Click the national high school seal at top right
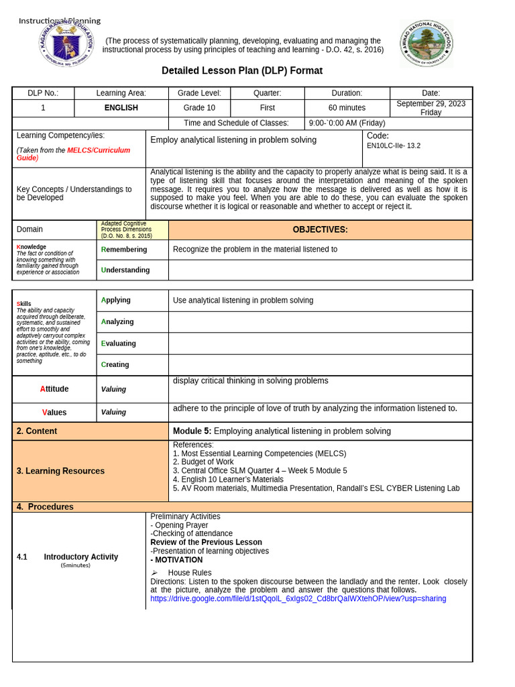pyautogui.click(x=426, y=43)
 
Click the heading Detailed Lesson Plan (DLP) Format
pyautogui.click(x=242, y=71)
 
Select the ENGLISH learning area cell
pyautogui.click(x=121, y=108)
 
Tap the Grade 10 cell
pyautogui.click(x=199, y=108)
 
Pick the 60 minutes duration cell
pyautogui.click(x=347, y=108)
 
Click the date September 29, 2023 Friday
pyautogui.click(x=431, y=108)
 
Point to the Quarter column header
pyautogui.click(x=267, y=93)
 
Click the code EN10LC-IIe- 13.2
pyautogui.click(x=394, y=146)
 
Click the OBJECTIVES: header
pyautogui.click(x=320, y=230)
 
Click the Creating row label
pyautogui.click(x=115, y=365)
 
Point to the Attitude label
pyautogui.click(x=54, y=389)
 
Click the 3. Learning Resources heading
pyautogui.click(x=60, y=471)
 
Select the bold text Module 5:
pyautogui.click(x=192, y=431)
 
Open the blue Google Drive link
pyautogui.click(x=298, y=598)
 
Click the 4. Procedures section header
pyautogui.click(x=45, y=507)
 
